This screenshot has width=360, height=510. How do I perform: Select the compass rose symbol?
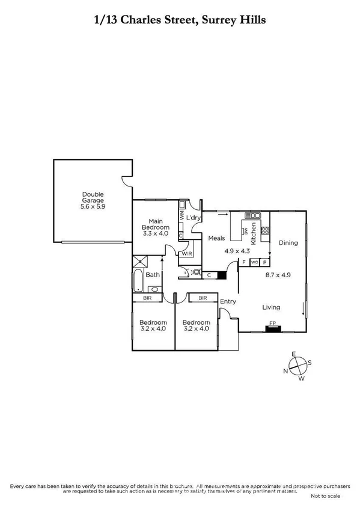[x=297, y=365]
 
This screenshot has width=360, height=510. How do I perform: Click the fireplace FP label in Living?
[x=272, y=324]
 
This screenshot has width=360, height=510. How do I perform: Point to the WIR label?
[x=187, y=254]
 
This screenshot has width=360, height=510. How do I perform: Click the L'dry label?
[x=193, y=217]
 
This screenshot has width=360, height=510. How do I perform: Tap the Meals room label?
[x=216, y=238]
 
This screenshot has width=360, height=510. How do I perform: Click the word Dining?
[x=288, y=242]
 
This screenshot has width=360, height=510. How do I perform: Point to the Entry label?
[x=228, y=301]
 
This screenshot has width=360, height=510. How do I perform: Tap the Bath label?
[x=153, y=275]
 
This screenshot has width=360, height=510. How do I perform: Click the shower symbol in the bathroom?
[x=141, y=260]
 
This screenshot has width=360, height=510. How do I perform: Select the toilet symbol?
[x=195, y=273]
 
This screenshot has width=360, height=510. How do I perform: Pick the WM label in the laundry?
[x=182, y=213]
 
